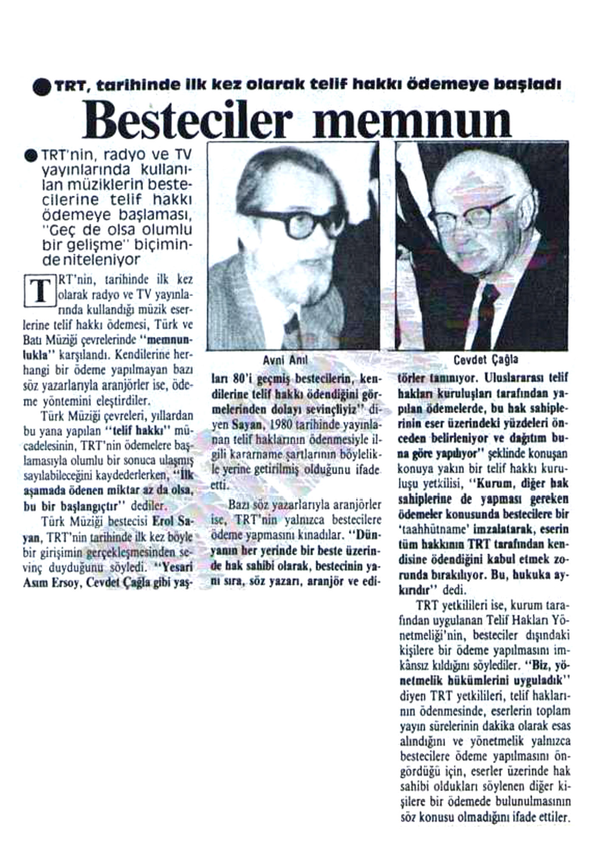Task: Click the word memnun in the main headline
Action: point(414,120)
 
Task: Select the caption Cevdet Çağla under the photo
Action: point(486,360)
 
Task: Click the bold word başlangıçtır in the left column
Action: point(91,507)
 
